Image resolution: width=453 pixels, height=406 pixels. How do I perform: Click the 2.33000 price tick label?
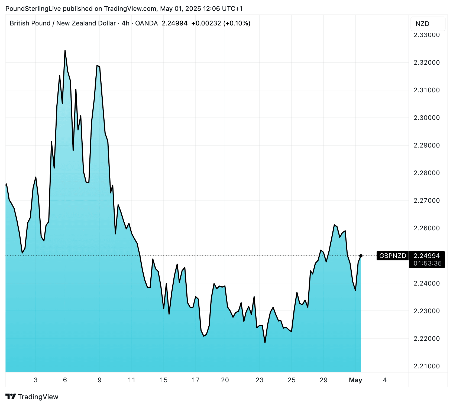[426, 35]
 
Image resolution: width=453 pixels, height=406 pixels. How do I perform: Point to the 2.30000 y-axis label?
[426, 118]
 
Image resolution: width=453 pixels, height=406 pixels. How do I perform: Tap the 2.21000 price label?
[426, 366]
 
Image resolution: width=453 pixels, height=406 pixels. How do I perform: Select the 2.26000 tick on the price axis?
[426, 228]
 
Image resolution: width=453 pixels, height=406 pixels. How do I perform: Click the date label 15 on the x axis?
[164, 380]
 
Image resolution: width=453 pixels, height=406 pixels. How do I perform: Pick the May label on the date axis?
[355, 380]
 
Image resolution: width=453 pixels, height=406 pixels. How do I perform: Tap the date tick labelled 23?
[260, 380]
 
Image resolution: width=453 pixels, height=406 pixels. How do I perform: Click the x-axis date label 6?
[65, 380]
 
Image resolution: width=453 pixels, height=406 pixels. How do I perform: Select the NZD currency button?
[422, 24]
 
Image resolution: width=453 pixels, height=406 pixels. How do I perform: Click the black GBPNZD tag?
[393, 256]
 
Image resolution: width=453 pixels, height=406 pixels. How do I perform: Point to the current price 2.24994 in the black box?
[427, 256]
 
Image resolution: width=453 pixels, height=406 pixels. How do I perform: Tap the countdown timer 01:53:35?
[428, 263]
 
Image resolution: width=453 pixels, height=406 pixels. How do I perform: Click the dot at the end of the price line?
[361, 256]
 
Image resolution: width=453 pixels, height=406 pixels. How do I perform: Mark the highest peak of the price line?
[65, 51]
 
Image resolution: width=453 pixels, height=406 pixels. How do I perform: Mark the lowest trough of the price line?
[265, 343]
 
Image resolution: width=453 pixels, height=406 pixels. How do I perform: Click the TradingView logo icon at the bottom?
[11, 397]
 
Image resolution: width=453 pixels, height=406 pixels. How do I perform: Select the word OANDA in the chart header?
[146, 23]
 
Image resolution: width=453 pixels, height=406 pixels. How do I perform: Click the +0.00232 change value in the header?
[206, 23]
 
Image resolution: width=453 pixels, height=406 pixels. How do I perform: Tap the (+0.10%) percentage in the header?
[237, 23]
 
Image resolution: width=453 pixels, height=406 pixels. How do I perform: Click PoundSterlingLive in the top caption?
[33, 9]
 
